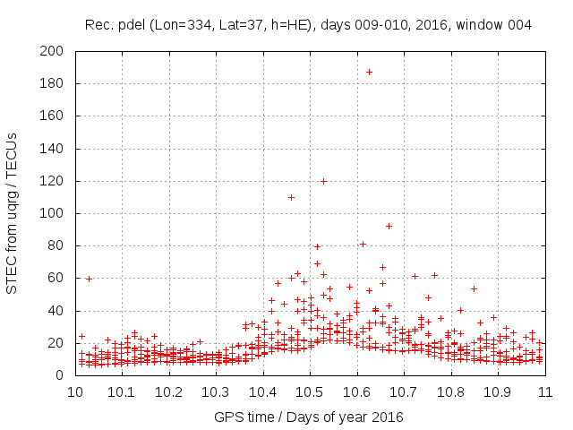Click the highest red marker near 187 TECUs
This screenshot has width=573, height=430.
369,72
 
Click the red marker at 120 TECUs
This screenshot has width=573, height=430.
323,181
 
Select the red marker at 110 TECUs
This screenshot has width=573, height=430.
291,197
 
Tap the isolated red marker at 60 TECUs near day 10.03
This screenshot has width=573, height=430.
89,279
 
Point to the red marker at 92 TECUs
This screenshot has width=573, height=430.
389,226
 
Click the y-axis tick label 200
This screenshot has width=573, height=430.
51,51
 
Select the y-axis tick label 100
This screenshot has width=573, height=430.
51,213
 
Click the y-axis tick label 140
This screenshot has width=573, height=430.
51,149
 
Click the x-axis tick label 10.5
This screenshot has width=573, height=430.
309,392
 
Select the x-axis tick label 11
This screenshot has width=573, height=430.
544,392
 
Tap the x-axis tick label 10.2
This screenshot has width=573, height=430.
168,392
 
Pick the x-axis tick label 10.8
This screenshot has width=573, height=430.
450,392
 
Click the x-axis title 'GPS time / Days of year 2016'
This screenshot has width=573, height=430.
309,417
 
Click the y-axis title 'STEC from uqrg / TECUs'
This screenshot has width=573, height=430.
13,213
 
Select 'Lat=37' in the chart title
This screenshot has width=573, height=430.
237,25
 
